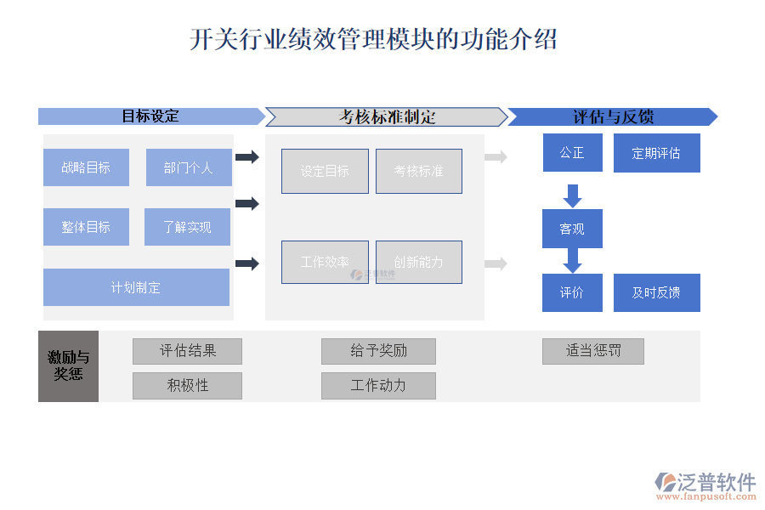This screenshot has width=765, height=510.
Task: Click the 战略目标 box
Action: click(86, 167)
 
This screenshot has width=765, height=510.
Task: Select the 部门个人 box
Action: click(189, 167)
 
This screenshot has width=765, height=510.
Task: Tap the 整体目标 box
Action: click(86, 227)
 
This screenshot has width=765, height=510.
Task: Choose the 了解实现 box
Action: click(187, 227)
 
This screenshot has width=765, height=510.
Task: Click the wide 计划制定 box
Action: click(136, 287)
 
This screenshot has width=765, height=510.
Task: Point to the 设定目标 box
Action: click(325, 171)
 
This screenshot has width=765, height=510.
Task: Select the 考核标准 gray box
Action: click(418, 171)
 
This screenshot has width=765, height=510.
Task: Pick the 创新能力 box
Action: click(418, 262)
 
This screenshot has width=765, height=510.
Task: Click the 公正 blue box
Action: click(572, 153)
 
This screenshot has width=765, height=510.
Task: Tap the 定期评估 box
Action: click(656, 153)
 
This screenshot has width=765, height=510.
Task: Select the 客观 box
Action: click(572, 229)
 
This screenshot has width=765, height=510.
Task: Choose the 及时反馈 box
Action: click(656, 292)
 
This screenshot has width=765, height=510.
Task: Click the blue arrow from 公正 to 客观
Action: click(572, 195)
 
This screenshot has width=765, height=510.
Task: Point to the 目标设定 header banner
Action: click(151, 116)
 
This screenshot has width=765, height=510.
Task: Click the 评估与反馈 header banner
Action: click(612, 116)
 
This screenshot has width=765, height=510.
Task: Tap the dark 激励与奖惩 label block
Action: click(68, 365)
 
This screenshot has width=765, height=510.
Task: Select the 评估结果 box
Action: click(187, 351)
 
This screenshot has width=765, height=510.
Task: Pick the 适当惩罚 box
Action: click(592, 351)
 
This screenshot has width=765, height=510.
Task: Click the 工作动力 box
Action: click(378, 385)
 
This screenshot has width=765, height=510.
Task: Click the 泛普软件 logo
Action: click(705, 484)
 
